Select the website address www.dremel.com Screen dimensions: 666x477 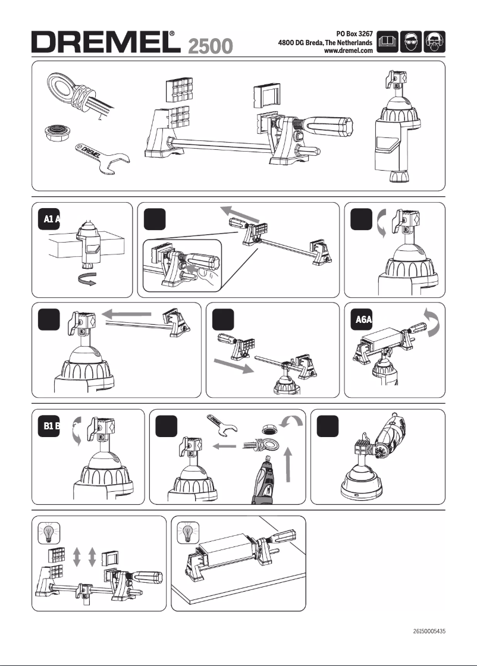point(347,52)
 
